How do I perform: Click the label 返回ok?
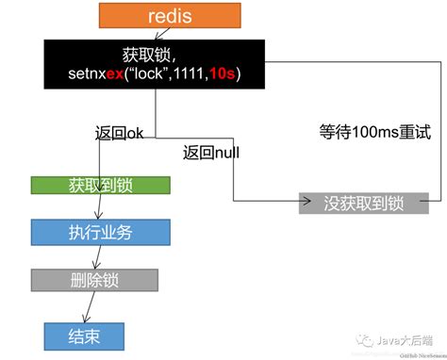pyautogui.click(x=120, y=133)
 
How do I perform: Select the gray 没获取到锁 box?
pyautogui.click(x=363, y=201)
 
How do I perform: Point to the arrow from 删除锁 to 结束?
pyautogui.click(x=89, y=305)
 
